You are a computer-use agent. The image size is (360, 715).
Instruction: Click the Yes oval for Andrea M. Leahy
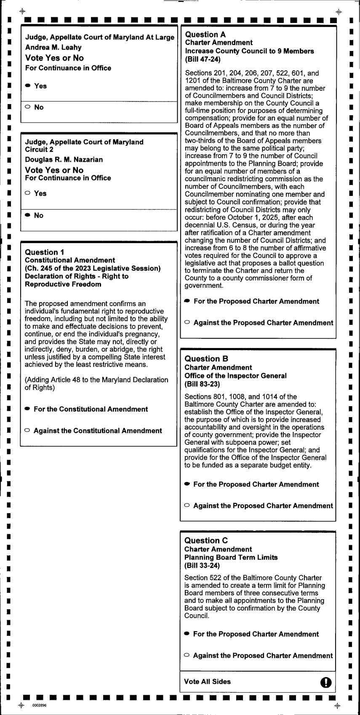[28, 86]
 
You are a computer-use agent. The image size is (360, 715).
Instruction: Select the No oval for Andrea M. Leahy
[28, 107]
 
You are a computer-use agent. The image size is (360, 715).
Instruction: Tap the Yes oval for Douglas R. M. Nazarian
[28, 193]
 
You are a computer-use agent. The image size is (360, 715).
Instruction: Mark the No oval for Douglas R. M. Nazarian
[28, 215]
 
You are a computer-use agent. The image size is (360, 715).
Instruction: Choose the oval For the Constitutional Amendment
[27, 409]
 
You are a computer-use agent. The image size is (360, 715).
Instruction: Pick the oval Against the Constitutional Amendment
[27, 430]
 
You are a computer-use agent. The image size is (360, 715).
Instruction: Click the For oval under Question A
[187, 301]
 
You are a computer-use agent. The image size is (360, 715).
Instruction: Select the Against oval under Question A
[187, 322]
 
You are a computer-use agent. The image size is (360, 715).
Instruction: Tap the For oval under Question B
[187, 484]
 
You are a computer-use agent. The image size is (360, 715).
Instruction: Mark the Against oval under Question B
[187, 505]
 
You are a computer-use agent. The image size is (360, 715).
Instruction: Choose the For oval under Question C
[187, 634]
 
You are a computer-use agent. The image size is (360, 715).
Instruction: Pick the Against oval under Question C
[187, 655]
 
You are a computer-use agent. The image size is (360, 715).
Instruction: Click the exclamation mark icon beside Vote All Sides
[326, 682]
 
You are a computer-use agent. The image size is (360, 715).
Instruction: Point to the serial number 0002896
[39, 705]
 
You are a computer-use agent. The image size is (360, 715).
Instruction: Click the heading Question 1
[45, 252]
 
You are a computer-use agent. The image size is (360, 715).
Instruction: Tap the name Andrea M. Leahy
[53, 47]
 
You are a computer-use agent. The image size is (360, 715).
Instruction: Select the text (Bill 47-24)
[203, 59]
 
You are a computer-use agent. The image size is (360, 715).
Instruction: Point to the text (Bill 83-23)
[202, 384]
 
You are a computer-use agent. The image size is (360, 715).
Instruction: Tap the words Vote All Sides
[207, 681]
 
